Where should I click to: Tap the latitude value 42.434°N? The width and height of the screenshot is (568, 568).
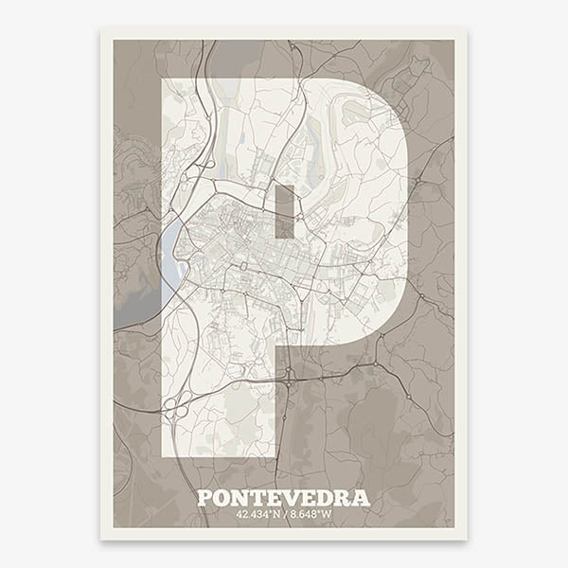(x=259, y=515)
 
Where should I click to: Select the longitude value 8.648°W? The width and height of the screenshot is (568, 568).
(x=310, y=515)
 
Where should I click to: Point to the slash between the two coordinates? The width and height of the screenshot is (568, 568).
(x=285, y=515)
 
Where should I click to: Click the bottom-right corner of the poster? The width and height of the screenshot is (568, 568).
(x=466, y=539)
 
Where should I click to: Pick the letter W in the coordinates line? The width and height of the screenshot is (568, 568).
(x=328, y=515)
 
